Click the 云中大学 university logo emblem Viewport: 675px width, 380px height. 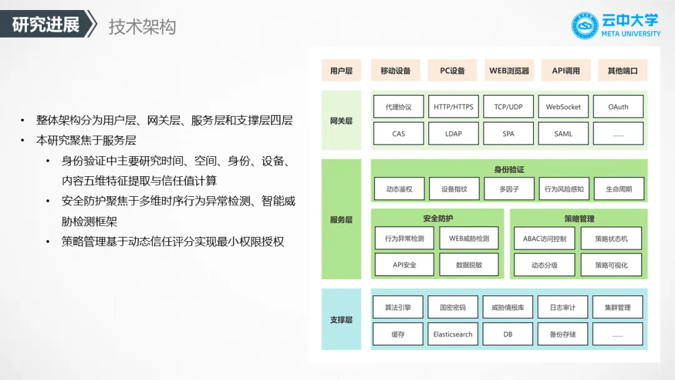[585, 26]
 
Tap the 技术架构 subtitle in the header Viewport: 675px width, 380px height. [142, 26]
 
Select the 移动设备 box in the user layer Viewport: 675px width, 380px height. [396, 71]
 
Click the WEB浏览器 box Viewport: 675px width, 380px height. [509, 71]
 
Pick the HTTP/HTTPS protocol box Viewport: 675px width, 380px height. [453, 107]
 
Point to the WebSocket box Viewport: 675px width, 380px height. [563, 107]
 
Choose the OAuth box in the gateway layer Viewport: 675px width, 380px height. [618, 107]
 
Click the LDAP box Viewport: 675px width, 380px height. [453, 134]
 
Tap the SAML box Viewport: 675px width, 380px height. [563, 134]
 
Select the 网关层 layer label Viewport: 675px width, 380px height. [341, 121]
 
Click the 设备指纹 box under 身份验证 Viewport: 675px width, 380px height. [453, 189]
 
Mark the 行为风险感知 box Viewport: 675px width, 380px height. [563, 189]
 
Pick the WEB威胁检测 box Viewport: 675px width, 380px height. [469, 238]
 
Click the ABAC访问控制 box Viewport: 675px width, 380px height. [544, 238]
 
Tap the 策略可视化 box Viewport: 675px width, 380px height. [611, 265]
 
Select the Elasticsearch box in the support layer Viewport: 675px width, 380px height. [453, 334]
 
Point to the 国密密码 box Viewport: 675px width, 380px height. [453, 307]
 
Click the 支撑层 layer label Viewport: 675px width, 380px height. [341, 320]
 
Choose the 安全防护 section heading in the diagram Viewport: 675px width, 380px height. [437, 219]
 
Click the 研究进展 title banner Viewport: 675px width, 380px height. [46, 25]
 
